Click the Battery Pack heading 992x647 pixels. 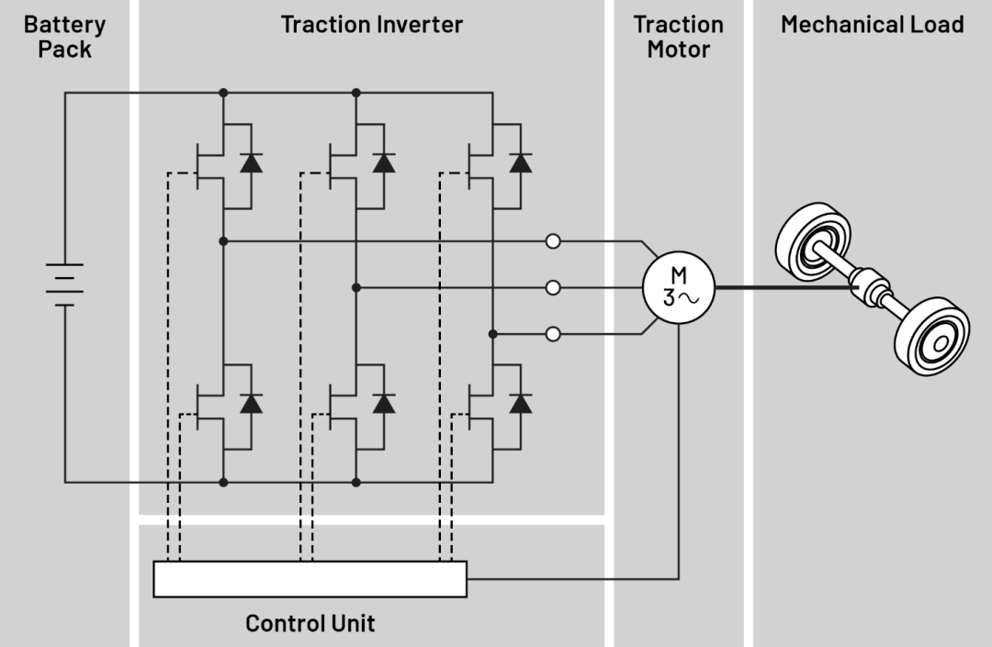click(64, 37)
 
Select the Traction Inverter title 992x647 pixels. click(371, 25)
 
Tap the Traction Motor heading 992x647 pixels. click(678, 37)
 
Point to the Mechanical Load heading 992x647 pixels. click(872, 25)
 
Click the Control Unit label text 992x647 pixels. click(310, 624)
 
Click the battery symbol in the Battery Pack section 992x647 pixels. click(64, 284)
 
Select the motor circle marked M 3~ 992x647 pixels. click(678, 287)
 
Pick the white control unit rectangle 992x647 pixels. click(310, 579)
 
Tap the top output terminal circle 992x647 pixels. click(553, 241)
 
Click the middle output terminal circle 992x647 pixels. click(553, 288)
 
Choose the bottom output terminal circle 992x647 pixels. click(553, 334)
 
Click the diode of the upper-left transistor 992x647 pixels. click(251, 163)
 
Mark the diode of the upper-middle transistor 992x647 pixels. click(384, 163)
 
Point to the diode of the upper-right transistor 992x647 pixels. click(521, 163)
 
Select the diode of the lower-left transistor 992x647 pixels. click(251, 403)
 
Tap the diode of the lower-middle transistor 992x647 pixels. click(384, 403)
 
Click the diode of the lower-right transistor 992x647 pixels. click(521, 403)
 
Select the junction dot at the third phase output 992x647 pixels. click(492, 334)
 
